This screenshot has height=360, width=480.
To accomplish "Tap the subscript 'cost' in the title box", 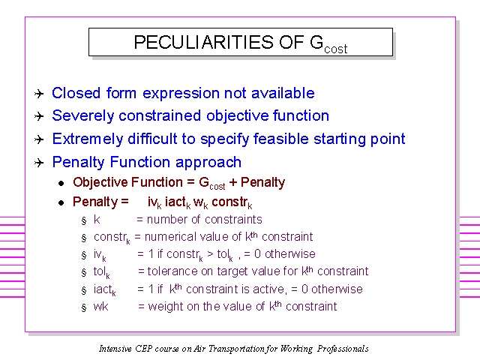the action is coord(336,49).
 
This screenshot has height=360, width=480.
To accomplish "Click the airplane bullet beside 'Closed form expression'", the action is coord(39,93).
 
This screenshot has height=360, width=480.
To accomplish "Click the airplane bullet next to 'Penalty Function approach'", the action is coord(39,162).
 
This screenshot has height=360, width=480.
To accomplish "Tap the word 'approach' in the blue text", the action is coord(208,163).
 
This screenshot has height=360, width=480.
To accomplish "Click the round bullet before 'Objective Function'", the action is coord(61,183).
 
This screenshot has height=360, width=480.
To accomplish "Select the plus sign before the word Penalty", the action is coord(233,182).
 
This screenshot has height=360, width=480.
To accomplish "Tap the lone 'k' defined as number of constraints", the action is coord(97,220).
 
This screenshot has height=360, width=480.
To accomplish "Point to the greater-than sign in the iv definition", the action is coord(210,254).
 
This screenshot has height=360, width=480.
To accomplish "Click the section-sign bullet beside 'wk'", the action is coord(84,307).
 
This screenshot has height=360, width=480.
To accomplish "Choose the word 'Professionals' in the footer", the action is coord(343,349).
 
